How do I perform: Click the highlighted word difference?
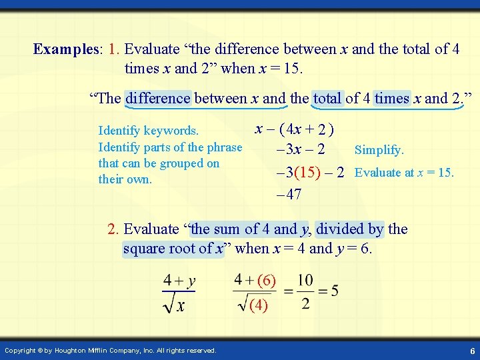tap(158, 99)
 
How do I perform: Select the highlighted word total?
tap(327, 99)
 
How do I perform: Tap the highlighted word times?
tap(392, 99)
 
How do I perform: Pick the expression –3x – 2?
tap(300, 151)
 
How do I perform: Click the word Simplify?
tap(379, 151)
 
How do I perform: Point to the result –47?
tap(288, 195)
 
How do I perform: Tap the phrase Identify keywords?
tap(148, 131)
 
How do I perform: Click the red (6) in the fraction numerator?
tap(266, 281)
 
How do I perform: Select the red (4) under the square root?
tap(259, 305)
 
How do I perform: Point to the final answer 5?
tap(334, 291)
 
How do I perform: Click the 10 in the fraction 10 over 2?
tap(305, 280)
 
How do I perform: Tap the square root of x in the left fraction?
tap(175, 305)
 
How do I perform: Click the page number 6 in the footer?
tap(472, 351)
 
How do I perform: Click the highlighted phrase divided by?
tap(350, 229)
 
